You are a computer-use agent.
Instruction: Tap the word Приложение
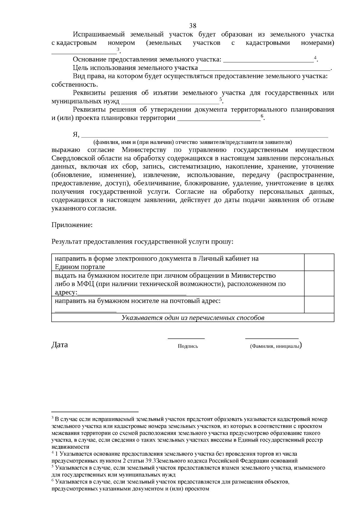point(72,225)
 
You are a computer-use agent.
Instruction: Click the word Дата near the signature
point(60,345)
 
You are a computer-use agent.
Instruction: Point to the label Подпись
point(188,346)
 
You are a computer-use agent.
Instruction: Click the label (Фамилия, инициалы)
point(275,346)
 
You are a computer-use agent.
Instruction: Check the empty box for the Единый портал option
point(319,262)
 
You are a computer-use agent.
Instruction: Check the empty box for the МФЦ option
point(319,283)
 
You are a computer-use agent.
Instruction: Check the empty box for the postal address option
point(319,304)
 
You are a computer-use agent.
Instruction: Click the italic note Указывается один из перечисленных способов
point(193,318)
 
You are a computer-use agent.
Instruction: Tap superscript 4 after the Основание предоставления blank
point(315,58)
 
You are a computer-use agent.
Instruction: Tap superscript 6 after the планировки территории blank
point(262,116)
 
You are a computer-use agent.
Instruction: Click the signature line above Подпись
point(186,338)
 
